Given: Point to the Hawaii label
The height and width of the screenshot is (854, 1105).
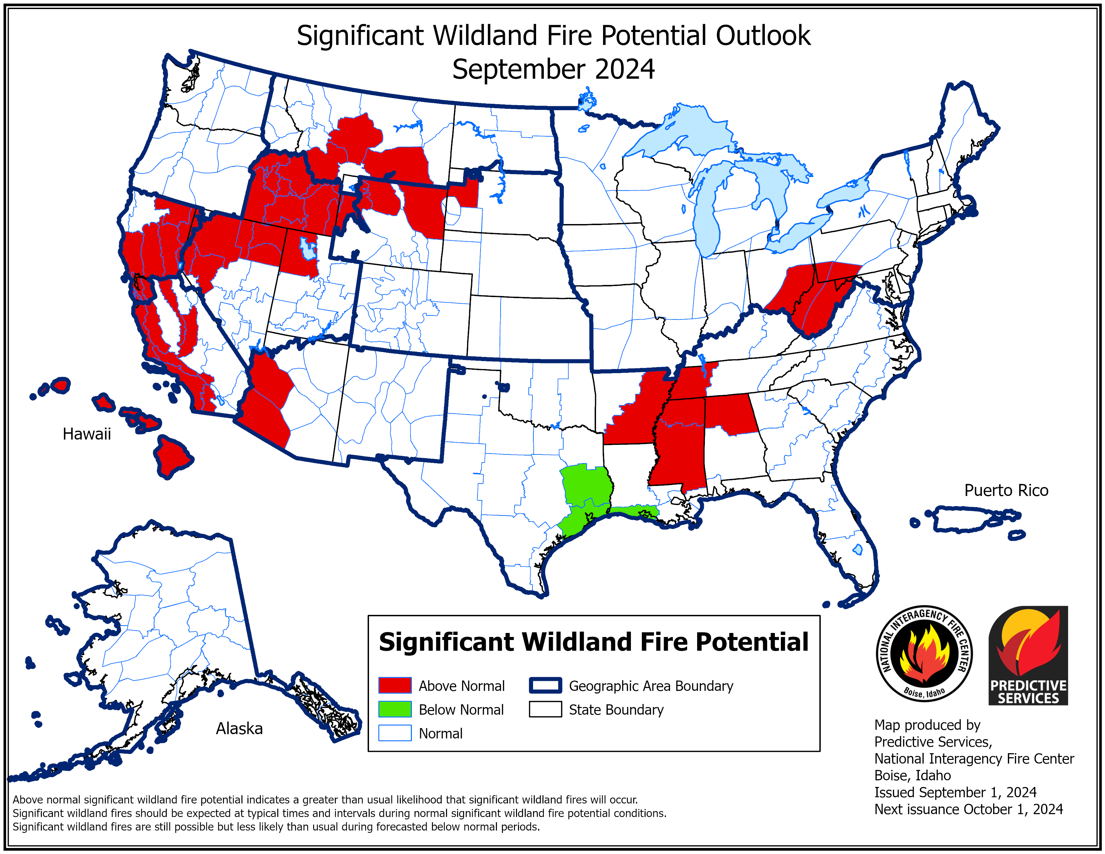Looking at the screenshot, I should point(86,434).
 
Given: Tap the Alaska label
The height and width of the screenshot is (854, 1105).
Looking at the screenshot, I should point(239,728).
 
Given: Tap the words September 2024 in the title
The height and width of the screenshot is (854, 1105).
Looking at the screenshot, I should point(553,69).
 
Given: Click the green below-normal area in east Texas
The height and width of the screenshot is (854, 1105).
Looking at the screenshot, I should point(587,486).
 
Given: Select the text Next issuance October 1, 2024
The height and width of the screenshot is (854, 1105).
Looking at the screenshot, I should point(968,809).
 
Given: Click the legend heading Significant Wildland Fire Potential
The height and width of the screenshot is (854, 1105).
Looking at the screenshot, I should point(593,642).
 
